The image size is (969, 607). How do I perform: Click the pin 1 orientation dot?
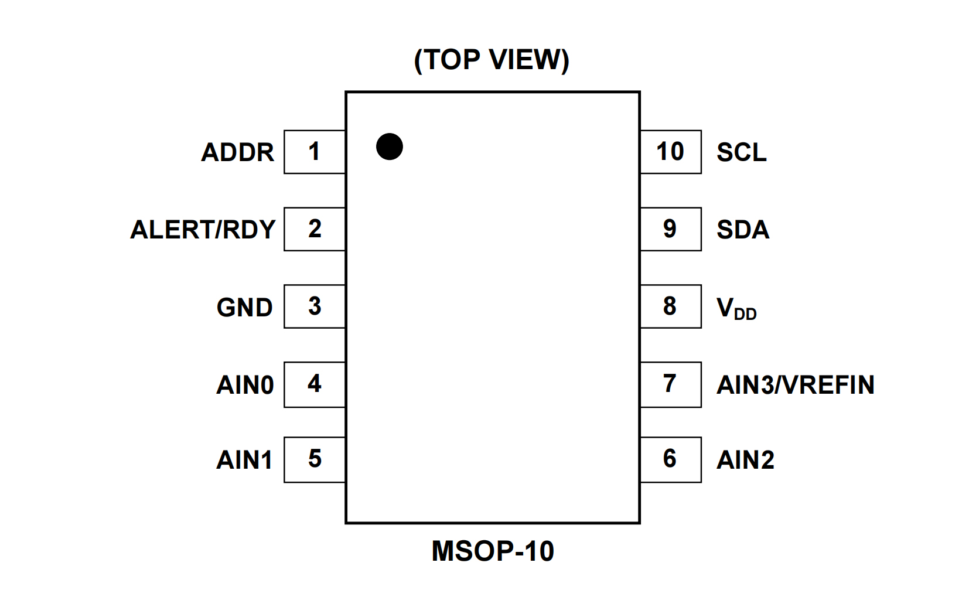click(389, 146)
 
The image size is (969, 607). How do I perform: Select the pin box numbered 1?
click(315, 152)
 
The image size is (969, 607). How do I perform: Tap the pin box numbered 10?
click(670, 152)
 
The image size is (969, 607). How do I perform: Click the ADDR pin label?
click(237, 152)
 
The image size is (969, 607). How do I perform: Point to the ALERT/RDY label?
click(203, 230)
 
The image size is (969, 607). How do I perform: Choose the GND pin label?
click(244, 308)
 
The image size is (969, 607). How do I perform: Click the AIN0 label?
click(245, 385)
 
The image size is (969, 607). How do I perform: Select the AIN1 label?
click(244, 460)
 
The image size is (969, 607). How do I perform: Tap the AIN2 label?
click(745, 460)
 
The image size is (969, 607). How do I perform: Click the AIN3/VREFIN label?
click(795, 385)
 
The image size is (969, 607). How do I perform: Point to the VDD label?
click(736, 308)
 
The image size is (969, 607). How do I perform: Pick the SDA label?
click(742, 230)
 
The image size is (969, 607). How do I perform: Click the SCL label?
click(741, 152)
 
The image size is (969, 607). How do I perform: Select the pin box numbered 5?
click(315, 459)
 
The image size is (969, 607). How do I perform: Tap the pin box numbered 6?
click(670, 459)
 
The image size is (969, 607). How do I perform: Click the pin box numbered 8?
click(670, 306)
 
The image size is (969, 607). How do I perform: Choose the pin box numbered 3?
click(315, 306)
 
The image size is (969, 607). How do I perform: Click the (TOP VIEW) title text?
click(492, 60)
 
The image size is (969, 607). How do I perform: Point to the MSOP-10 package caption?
click(492, 551)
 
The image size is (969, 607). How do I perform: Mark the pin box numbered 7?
click(670, 384)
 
